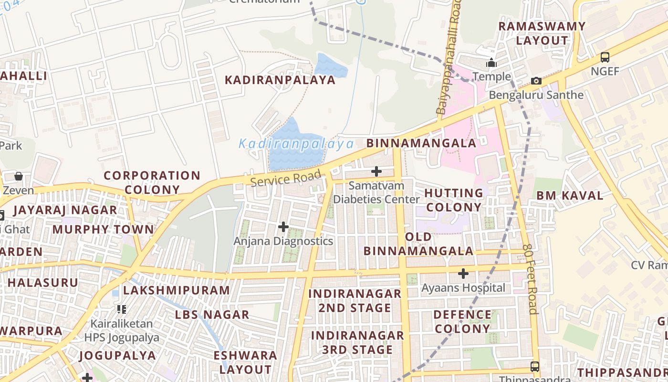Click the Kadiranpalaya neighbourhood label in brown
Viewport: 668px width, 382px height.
(x=280, y=80)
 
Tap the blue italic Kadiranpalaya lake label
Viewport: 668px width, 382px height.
(x=296, y=144)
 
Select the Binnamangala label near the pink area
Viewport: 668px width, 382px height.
(x=421, y=143)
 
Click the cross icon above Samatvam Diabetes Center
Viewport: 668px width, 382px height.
(x=376, y=171)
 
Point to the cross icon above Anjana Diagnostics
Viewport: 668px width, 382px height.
(x=283, y=226)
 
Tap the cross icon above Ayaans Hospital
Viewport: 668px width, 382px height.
(x=463, y=274)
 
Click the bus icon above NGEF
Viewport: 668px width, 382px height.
(x=605, y=57)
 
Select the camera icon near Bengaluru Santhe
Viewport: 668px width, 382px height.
(x=536, y=81)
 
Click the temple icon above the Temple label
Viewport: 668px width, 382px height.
(x=491, y=63)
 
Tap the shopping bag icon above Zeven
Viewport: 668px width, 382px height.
(x=19, y=176)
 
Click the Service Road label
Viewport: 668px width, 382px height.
(x=285, y=178)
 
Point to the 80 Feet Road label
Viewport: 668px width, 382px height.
(x=531, y=279)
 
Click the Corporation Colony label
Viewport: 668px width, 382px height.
(x=152, y=182)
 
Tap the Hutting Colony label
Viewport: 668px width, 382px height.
(x=453, y=200)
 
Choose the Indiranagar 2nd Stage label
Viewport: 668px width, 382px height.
(x=355, y=300)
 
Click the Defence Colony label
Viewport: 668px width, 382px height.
(x=462, y=321)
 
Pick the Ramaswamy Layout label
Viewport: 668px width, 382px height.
(x=542, y=33)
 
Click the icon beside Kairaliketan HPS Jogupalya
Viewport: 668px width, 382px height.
(x=122, y=309)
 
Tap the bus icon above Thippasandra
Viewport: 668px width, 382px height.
(x=535, y=367)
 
